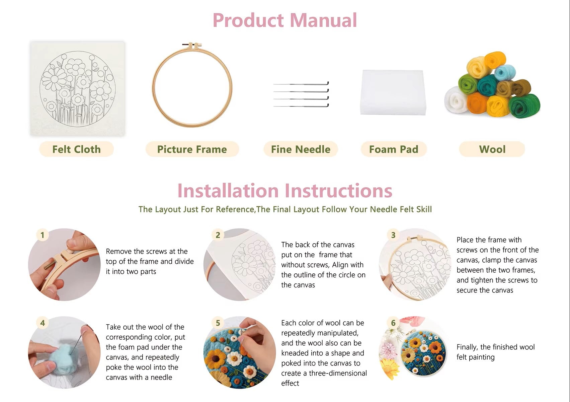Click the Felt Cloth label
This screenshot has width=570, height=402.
[76, 149]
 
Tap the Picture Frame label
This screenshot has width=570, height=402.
[192, 149]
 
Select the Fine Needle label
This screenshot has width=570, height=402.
[301, 149]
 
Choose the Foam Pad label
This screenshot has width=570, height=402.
[394, 149]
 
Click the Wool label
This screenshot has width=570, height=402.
[492, 149]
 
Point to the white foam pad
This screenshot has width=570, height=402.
[393, 92]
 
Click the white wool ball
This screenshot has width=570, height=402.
[456, 100]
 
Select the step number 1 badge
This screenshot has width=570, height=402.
[43, 235]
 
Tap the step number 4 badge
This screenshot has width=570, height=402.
[43, 323]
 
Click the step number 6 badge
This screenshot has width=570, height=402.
[393, 323]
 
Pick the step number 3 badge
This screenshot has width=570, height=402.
[393, 235]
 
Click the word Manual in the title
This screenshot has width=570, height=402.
[323, 20]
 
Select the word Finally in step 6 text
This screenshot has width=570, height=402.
[467, 347]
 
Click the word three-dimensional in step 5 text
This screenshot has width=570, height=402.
[338, 373]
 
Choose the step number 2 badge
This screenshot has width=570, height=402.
[218, 235]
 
